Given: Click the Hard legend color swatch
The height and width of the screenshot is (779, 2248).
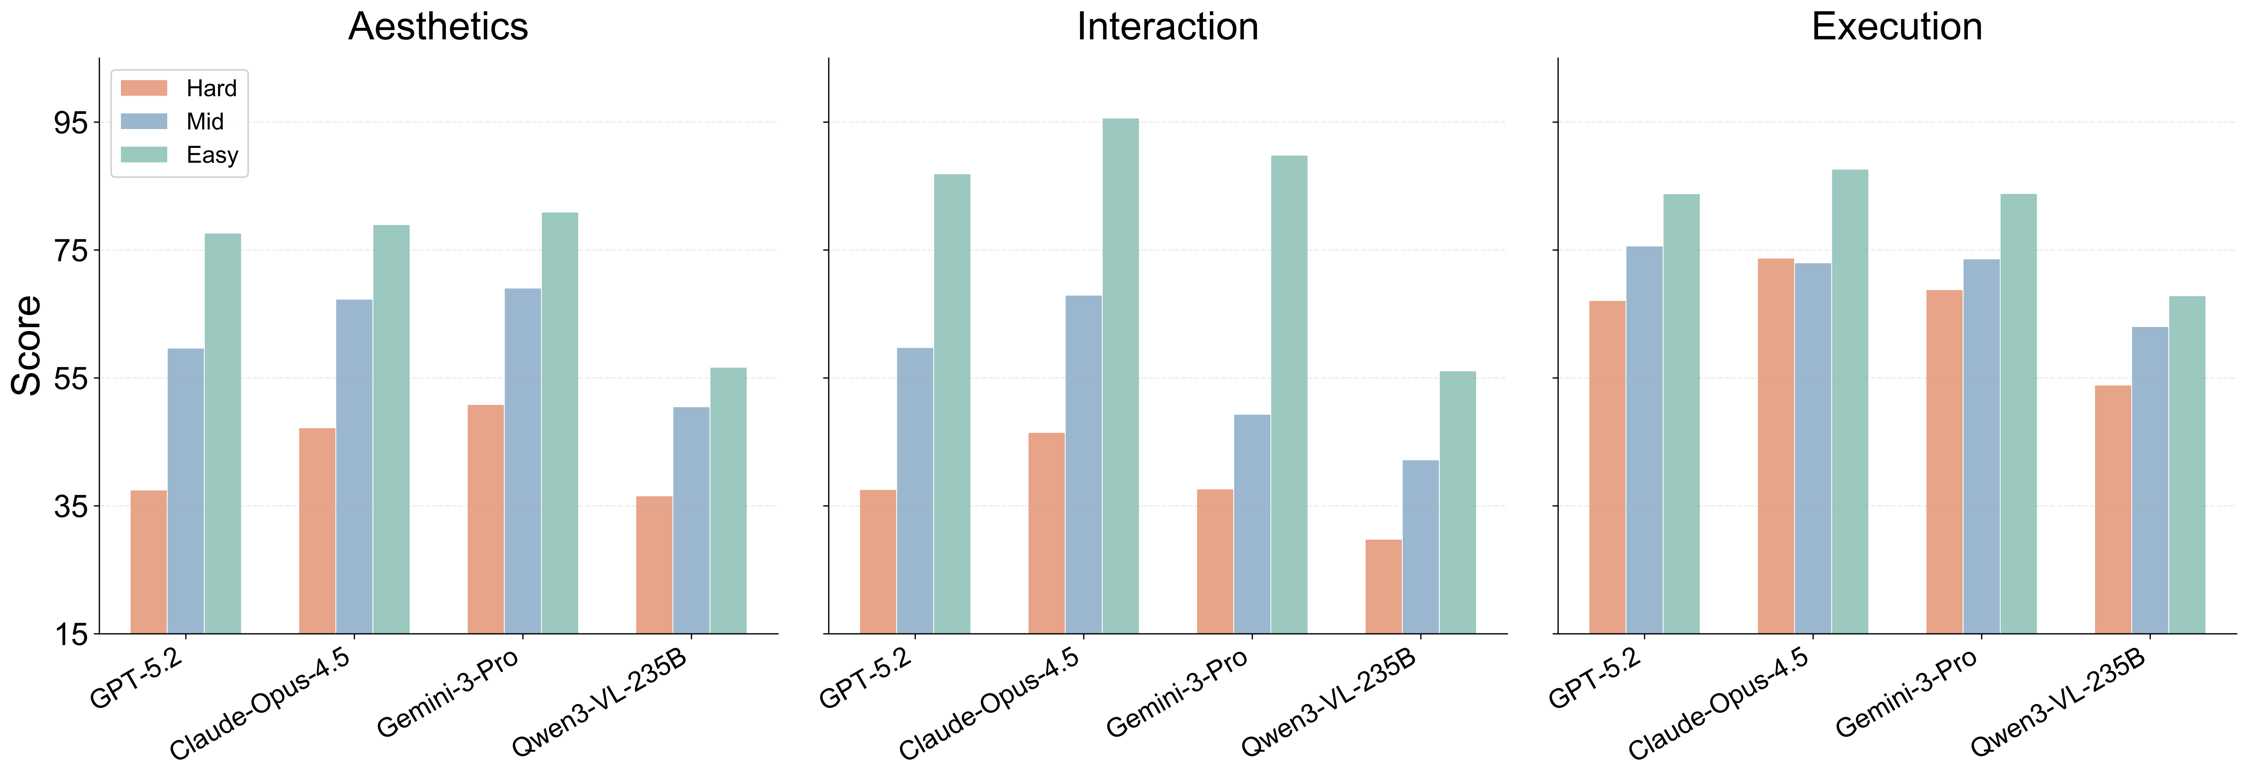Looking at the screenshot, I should (144, 88).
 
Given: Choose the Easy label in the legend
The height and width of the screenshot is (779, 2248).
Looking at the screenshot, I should (212, 155).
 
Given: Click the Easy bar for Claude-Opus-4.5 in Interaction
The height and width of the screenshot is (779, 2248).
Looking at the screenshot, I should (1119, 375).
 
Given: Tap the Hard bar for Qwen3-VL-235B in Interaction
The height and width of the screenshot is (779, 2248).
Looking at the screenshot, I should (1383, 586).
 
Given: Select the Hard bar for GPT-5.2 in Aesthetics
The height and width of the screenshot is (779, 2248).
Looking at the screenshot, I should (148, 562).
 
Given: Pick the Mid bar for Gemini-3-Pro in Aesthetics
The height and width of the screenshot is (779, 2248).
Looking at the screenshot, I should (522, 461).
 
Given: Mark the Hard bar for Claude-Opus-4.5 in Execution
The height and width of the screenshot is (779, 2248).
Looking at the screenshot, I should (1775, 446).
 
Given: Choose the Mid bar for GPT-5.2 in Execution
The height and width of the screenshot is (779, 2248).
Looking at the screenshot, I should (1644, 440).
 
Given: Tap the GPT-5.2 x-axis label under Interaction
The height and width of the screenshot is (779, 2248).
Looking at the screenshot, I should (866, 679).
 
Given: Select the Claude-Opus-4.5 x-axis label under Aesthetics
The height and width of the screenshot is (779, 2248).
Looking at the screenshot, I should (260, 705).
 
